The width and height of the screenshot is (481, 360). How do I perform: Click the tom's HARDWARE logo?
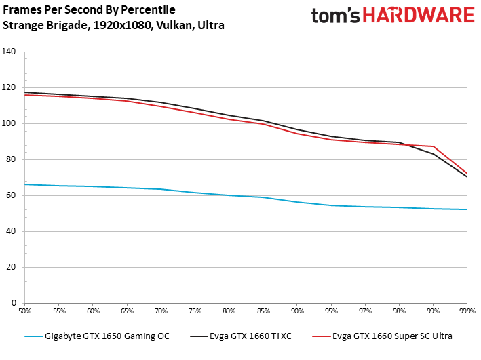(x=392, y=17)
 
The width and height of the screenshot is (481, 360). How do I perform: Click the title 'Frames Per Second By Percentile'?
(x=89, y=10)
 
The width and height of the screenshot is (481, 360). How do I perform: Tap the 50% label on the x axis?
(x=25, y=311)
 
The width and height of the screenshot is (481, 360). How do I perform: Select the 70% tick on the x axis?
(x=161, y=311)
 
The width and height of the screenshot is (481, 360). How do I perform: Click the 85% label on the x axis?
(x=263, y=311)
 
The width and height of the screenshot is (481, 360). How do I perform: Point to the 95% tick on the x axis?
(x=331, y=311)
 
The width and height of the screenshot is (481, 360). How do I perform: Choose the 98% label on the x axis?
(x=399, y=311)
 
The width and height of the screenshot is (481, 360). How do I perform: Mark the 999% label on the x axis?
(x=467, y=311)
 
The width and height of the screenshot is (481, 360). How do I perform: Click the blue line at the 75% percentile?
(x=195, y=193)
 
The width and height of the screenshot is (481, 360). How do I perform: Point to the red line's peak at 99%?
(x=433, y=146)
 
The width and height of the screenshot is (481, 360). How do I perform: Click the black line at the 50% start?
(x=26, y=92)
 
